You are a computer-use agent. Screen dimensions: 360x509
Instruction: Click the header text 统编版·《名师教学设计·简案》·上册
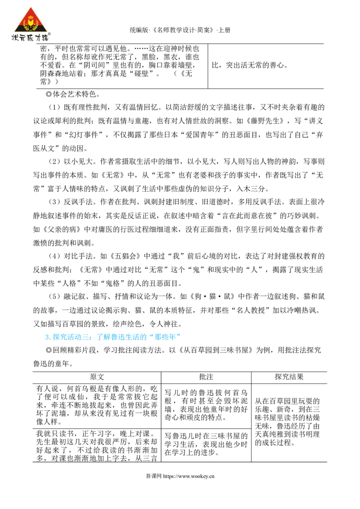point(180,30)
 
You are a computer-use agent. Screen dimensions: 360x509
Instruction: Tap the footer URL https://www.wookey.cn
point(189,476)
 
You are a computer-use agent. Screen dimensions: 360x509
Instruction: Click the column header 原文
point(97,377)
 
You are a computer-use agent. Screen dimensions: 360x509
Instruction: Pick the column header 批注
point(206,377)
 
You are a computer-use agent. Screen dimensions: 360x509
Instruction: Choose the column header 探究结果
point(289,377)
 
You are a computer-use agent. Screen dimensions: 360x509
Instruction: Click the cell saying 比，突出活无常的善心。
point(250,65)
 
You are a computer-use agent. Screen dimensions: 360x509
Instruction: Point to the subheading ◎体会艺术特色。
point(73,94)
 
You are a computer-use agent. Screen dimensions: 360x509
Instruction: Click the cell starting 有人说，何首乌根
point(97,405)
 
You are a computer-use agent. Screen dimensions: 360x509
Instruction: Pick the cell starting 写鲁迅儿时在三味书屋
point(206,444)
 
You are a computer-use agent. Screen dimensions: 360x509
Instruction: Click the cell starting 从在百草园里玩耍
point(288,422)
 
